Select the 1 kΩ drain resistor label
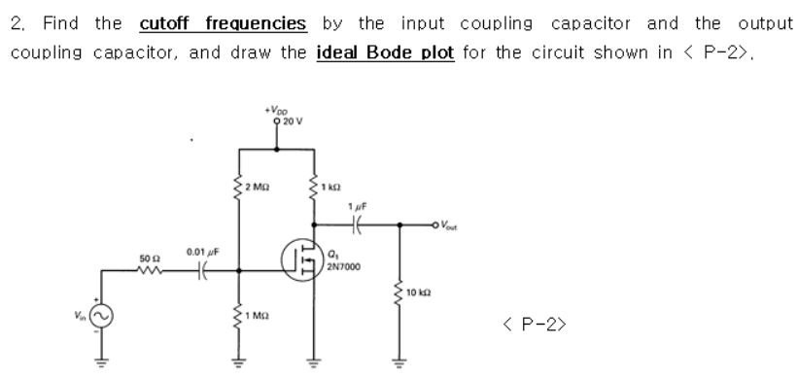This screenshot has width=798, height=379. click(330, 186)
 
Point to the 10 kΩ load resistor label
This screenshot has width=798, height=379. click(418, 293)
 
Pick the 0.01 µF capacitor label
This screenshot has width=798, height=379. click(202, 252)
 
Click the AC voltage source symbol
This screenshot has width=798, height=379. click(101, 313)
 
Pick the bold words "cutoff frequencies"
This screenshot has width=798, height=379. click(223, 22)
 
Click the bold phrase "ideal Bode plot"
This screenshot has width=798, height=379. click(386, 51)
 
